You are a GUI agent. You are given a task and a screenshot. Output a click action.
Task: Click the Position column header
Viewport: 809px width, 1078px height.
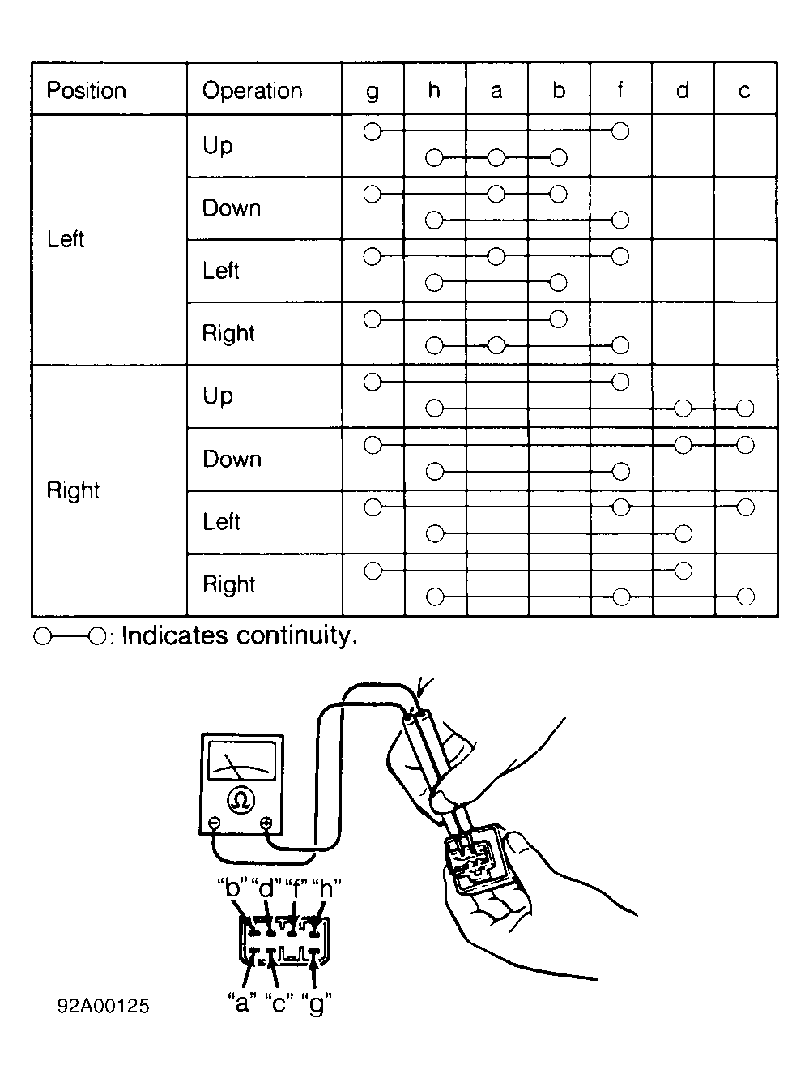pyautogui.click(x=87, y=91)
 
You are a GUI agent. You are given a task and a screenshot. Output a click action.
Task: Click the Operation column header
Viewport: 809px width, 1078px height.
pyautogui.click(x=252, y=91)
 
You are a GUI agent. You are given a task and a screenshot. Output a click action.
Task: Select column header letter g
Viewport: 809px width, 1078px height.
pyautogui.click(x=373, y=92)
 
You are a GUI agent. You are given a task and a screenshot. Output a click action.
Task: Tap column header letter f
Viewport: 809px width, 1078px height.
pyautogui.click(x=620, y=90)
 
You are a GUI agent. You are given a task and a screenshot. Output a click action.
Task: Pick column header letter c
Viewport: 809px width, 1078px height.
pyautogui.click(x=744, y=91)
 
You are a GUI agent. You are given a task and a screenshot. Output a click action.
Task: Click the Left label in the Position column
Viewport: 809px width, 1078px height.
pyautogui.click(x=66, y=239)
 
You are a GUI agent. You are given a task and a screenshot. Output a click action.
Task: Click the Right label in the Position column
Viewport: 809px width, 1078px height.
pyautogui.click(x=73, y=490)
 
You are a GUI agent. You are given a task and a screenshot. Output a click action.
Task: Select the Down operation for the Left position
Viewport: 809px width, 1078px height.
pyautogui.click(x=232, y=207)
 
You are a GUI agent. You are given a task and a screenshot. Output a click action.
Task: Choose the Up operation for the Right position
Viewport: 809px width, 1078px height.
pyautogui.click(x=218, y=396)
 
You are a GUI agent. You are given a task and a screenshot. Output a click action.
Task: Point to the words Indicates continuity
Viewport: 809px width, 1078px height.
pyautogui.click(x=240, y=635)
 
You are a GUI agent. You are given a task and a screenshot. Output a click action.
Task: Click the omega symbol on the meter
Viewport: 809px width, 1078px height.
pyautogui.click(x=241, y=801)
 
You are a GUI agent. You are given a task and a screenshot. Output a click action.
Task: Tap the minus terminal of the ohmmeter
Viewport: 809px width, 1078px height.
pyautogui.click(x=215, y=823)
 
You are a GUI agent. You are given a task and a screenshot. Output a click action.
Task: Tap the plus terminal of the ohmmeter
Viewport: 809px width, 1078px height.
pyautogui.click(x=266, y=823)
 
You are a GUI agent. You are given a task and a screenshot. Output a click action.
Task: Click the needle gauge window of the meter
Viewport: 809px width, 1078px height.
pyautogui.click(x=242, y=761)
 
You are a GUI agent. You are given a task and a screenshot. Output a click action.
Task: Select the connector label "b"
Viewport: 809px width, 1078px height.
pyautogui.click(x=232, y=888)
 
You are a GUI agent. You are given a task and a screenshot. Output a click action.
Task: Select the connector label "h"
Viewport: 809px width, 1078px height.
pyautogui.click(x=326, y=888)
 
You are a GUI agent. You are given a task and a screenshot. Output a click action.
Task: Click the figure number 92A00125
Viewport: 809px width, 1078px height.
pyautogui.click(x=103, y=1006)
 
